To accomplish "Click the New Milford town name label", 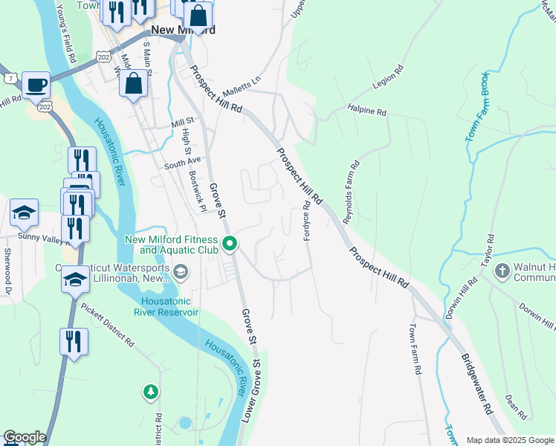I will click(x=182, y=30).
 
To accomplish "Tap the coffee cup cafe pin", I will click(x=36, y=85).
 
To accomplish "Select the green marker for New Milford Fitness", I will click(x=230, y=243).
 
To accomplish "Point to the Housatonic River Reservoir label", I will click(x=167, y=306).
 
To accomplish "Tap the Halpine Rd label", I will click(x=367, y=111).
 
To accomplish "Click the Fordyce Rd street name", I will click(x=306, y=220).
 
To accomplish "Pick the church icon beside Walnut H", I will click(x=502, y=271).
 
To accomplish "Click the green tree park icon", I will click(x=151, y=391).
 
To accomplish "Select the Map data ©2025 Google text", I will click(x=510, y=440).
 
